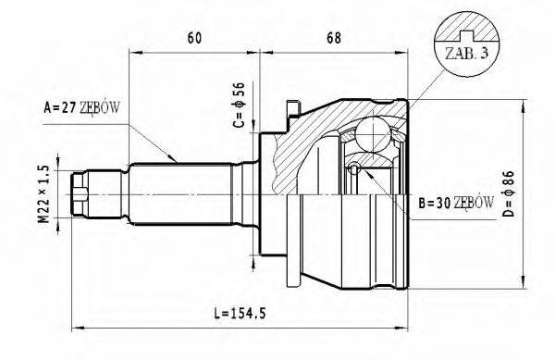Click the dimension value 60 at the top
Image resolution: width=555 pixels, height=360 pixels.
pyautogui.click(x=194, y=38)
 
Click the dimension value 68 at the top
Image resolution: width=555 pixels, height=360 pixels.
pyautogui.click(x=334, y=38)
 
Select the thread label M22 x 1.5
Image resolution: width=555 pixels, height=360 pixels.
pyautogui.click(x=43, y=194)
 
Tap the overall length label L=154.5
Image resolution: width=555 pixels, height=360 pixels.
pyautogui.click(x=240, y=313)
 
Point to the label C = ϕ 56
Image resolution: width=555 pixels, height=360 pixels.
pyautogui.click(x=239, y=105)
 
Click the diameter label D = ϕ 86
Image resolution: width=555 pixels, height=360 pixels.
pyautogui.click(x=509, y=193)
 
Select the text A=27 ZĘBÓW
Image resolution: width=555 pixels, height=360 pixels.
pyautogui.click(x=81, y=107)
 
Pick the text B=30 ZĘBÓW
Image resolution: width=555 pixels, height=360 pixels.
pyautogui.click(x=456, y=204)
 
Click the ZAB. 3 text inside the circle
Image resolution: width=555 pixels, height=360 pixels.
pyautogui.click(x=466, y=54)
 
